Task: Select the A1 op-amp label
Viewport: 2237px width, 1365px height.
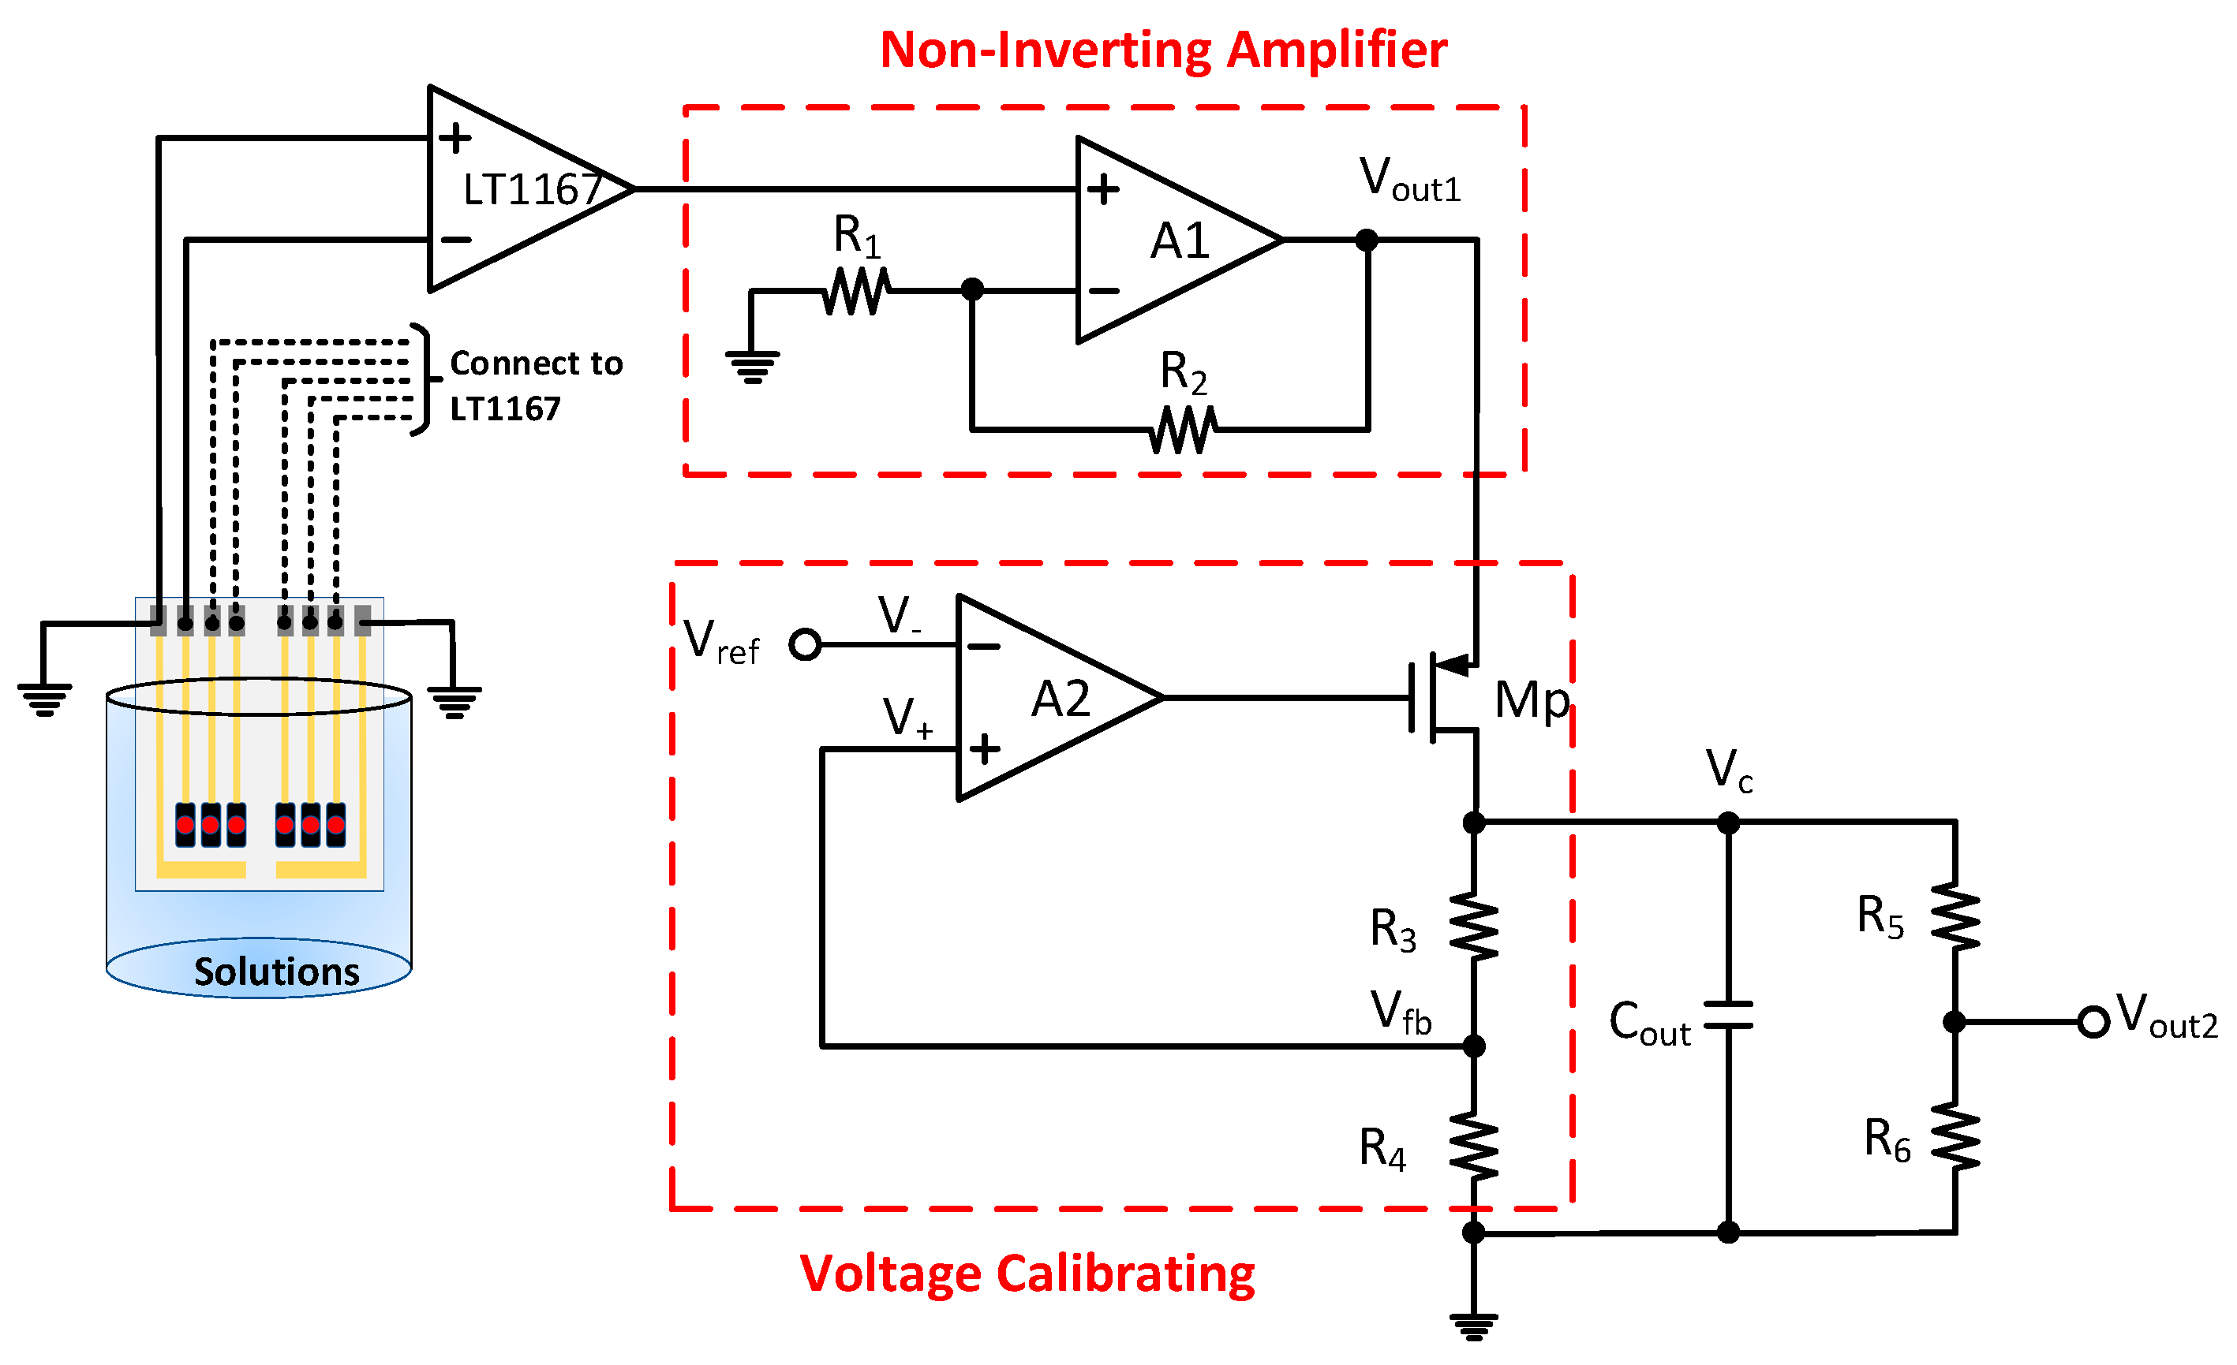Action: [1180, 241]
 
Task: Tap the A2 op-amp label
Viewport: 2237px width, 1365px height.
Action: [1060, 699]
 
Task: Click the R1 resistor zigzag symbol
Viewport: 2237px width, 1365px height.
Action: [856, 291]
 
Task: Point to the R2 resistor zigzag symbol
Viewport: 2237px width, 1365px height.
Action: [1182, 429]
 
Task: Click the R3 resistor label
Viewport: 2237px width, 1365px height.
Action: [1392, 930]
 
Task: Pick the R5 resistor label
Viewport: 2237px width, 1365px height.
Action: [1880, 916]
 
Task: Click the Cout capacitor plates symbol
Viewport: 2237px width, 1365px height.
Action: [1728, 1016]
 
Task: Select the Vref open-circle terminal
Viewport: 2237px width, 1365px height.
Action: [804, 644]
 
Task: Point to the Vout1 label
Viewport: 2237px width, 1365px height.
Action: [1409, 179]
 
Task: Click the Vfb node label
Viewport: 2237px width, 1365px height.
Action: [1400, 1013]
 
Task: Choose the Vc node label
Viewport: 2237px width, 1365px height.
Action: [1728, 770]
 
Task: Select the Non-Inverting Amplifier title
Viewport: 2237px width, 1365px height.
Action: [1163, 50]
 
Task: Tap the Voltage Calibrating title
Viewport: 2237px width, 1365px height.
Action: [1027, 1274]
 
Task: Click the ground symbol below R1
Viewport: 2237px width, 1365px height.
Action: [752, 366]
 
